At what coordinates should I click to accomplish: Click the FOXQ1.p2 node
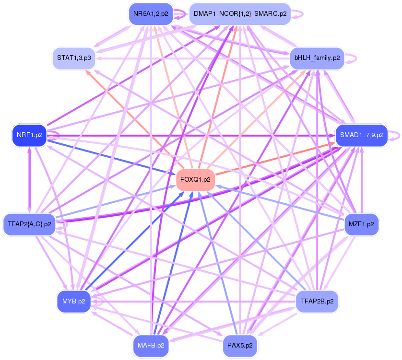[195, 180]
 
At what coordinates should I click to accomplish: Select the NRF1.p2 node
[29, 135]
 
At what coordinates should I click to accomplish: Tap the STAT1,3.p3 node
[74, 58]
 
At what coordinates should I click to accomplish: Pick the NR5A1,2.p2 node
[151, 14]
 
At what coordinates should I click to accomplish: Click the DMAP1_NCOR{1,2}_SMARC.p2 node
[240, 14]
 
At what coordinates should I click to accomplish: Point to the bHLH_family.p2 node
[317, 58]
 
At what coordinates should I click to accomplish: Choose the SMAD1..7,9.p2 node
[362, 135]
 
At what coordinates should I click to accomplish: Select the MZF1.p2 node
[362, 224]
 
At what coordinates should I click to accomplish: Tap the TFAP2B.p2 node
[317, 302]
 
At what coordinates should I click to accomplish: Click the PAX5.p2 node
[240, 346]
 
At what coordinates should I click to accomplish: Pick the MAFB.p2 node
[151, 346]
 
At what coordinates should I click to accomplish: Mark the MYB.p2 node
[74, 302]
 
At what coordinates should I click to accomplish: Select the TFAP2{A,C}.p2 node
[29, 224]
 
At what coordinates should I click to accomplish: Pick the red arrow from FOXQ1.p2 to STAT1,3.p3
[135, 120]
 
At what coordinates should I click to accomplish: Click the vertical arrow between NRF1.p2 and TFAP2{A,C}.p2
[29, 180]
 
